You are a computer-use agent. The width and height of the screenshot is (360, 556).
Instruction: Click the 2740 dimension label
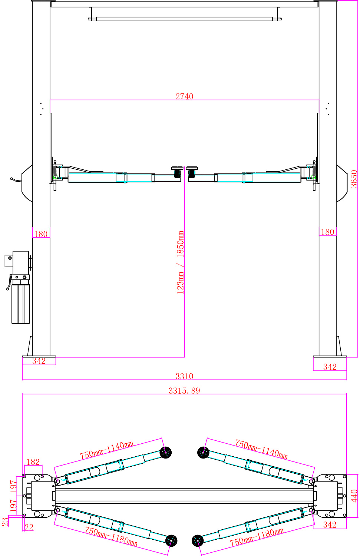tap(184, 96)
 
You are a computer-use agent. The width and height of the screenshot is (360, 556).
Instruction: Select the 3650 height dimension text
tap(354, 179)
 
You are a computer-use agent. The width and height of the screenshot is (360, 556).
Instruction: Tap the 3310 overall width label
tap(184, 376)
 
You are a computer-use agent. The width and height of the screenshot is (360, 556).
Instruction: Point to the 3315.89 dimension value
tap(184, 391)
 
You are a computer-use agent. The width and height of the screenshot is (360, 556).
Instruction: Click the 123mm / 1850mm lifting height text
tap(181, 262)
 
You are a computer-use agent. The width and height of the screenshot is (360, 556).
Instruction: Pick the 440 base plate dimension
tap(354, 496)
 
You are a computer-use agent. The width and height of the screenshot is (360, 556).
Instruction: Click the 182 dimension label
tap(33, 462)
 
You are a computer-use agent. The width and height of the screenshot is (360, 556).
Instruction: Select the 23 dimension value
tap(5, 522)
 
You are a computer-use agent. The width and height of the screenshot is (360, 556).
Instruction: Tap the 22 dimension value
tap(29, 527)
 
